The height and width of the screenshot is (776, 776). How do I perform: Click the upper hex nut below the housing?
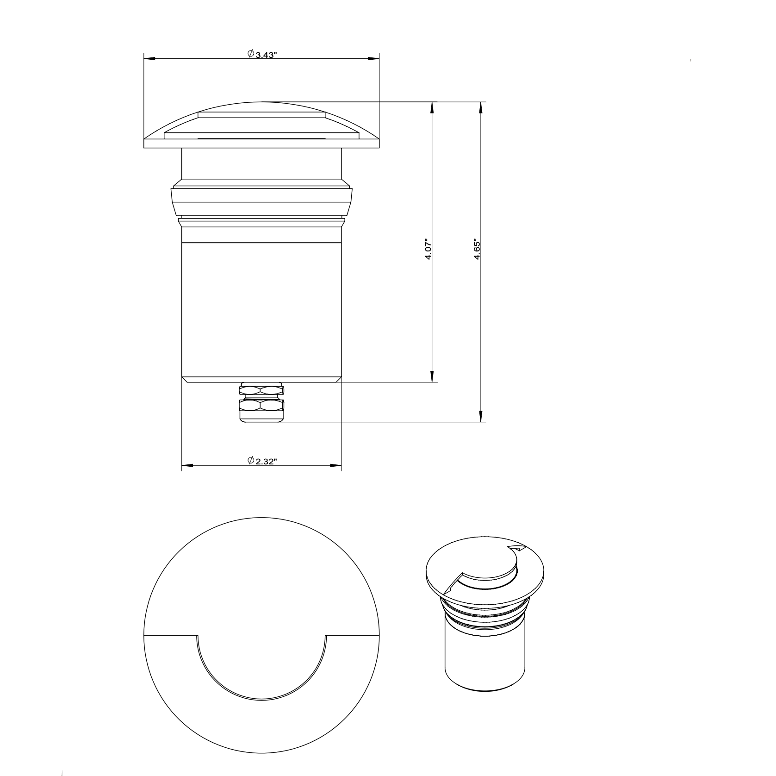click(261, 390)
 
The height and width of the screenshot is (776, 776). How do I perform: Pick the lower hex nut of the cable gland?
click(261, 407)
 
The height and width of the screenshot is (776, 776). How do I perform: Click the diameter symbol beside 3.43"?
click(250, 54)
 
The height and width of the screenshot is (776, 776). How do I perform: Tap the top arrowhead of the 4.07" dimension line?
click(432, 106)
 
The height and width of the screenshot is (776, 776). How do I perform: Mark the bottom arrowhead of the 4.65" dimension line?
click(481, 417)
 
